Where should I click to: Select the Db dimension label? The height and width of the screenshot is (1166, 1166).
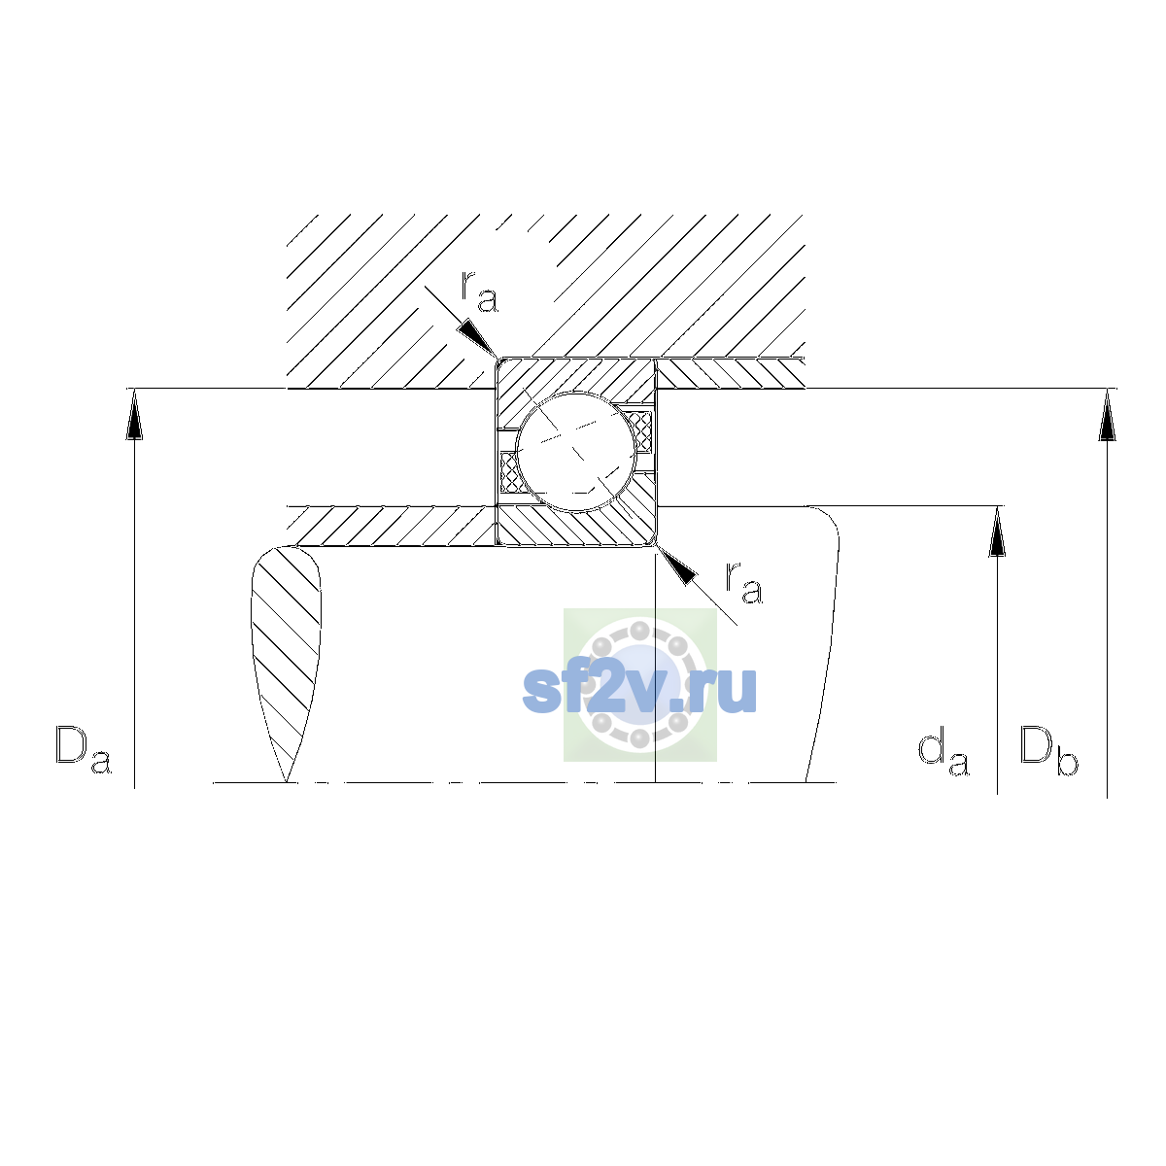coord(1048,750)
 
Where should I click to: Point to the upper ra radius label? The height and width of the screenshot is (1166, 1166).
coord(479,291)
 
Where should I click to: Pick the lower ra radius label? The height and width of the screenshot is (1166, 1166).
coord(744,583)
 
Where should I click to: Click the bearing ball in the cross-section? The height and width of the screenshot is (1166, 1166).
coord(576,452)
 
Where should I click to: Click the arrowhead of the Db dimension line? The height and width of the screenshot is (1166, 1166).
coord(1107,415)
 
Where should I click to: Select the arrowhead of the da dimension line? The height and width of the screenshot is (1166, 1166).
coord(997,532)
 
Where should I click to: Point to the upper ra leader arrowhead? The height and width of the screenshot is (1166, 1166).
coord(477,338)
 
